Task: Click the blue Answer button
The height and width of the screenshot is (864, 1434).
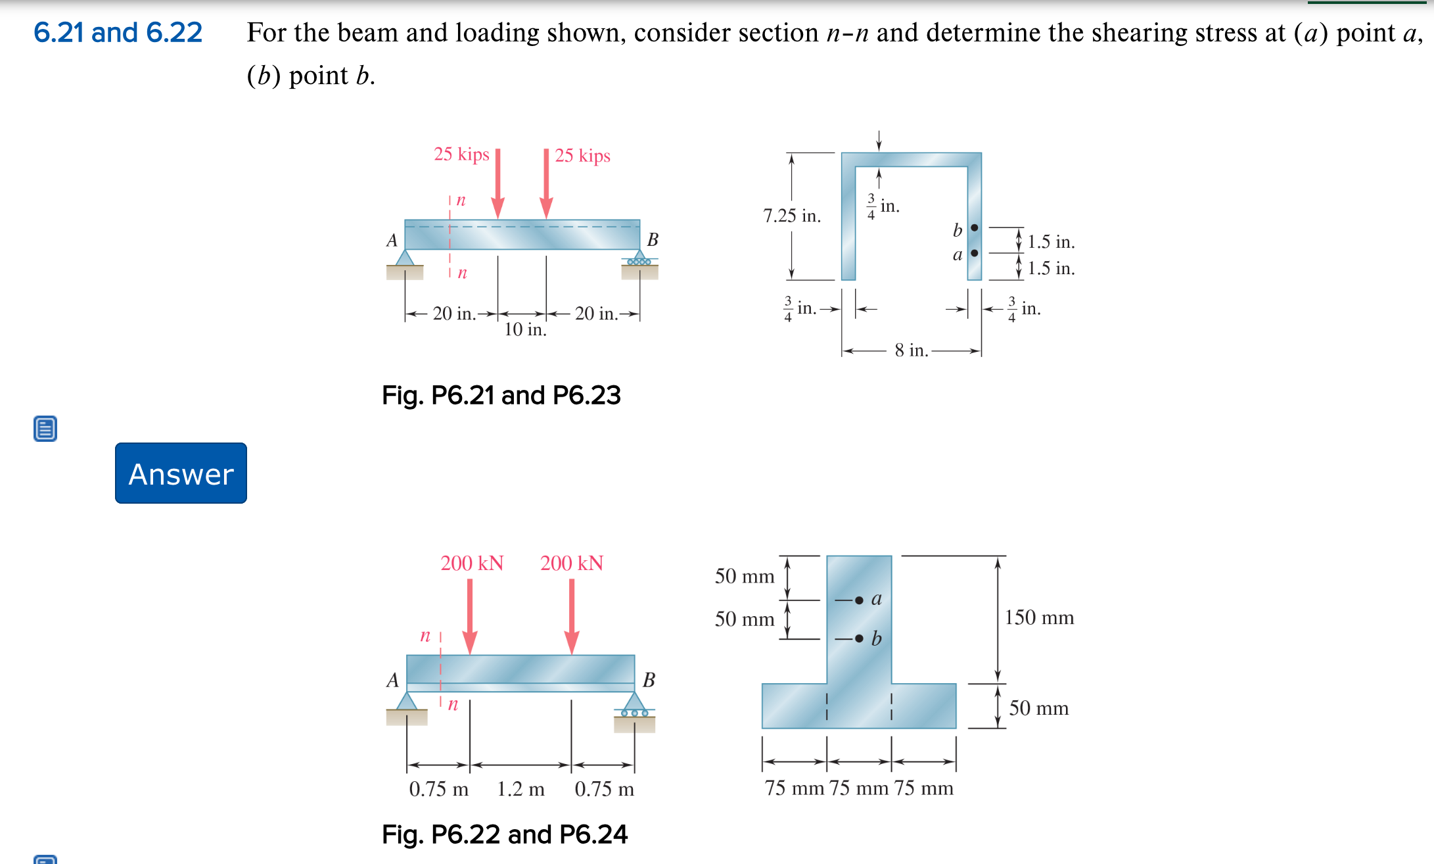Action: point(181,473)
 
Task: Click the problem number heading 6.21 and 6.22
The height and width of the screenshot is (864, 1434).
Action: point(118,32)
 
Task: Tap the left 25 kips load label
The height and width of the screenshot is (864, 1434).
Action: point(461,154)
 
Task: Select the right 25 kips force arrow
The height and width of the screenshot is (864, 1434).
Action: point(545,184)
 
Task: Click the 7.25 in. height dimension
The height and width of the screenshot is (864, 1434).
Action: point(791,216)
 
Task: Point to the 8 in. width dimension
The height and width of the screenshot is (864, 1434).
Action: point(911,350)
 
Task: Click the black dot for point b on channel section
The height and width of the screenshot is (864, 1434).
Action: point(974,228)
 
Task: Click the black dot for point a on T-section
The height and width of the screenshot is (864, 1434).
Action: point(859,600)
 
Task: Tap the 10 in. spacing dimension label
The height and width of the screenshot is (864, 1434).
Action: point(524,329)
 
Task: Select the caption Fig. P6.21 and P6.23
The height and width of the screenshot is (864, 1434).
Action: point(501,395)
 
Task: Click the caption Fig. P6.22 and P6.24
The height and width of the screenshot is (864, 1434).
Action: point(504,834)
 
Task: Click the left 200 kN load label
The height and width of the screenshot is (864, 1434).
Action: point(471,563)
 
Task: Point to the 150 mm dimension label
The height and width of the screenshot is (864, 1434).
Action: point(1038,617)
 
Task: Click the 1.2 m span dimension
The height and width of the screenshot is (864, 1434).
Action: point(520,788)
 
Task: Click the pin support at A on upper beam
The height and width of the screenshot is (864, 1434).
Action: point(405,258)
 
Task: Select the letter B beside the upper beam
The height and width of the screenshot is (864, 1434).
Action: point(652,239)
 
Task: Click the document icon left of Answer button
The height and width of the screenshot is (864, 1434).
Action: point(45,428)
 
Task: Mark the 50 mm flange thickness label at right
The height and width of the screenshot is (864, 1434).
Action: point(1038,708)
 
